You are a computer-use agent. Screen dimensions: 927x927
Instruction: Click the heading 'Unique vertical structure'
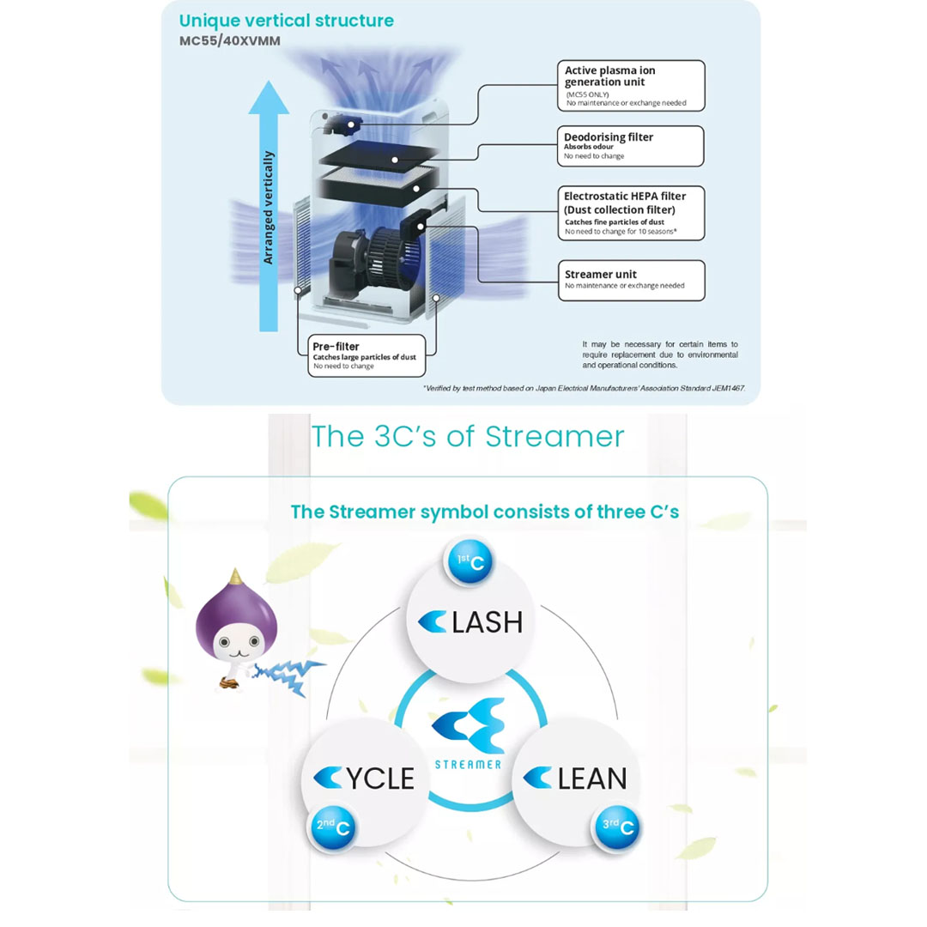click(x=287, y=21)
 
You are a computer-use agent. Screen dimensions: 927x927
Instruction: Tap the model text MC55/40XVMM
click(x=229, y=41)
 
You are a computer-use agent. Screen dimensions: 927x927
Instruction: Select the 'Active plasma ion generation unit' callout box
click(x=633, y=85)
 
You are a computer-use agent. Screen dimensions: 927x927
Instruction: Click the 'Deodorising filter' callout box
click(x=632, y=146)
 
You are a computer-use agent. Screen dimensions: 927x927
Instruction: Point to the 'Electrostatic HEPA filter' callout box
click(x=632, y=213)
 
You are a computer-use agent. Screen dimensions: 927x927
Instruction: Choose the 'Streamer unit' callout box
click(x=632, y=280)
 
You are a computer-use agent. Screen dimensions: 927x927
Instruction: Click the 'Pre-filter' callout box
click(x=367, y=355)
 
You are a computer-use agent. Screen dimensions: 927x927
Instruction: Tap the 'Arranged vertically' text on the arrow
click(x=269, y=208)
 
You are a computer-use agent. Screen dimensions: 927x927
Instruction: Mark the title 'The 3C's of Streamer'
click(x=468, y=437)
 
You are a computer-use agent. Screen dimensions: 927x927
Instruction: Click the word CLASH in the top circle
click(x=470, y=621)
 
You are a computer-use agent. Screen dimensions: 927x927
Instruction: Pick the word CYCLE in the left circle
click(x=363, y=778)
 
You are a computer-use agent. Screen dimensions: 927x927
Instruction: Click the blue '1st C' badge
click(x=468, y=563)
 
